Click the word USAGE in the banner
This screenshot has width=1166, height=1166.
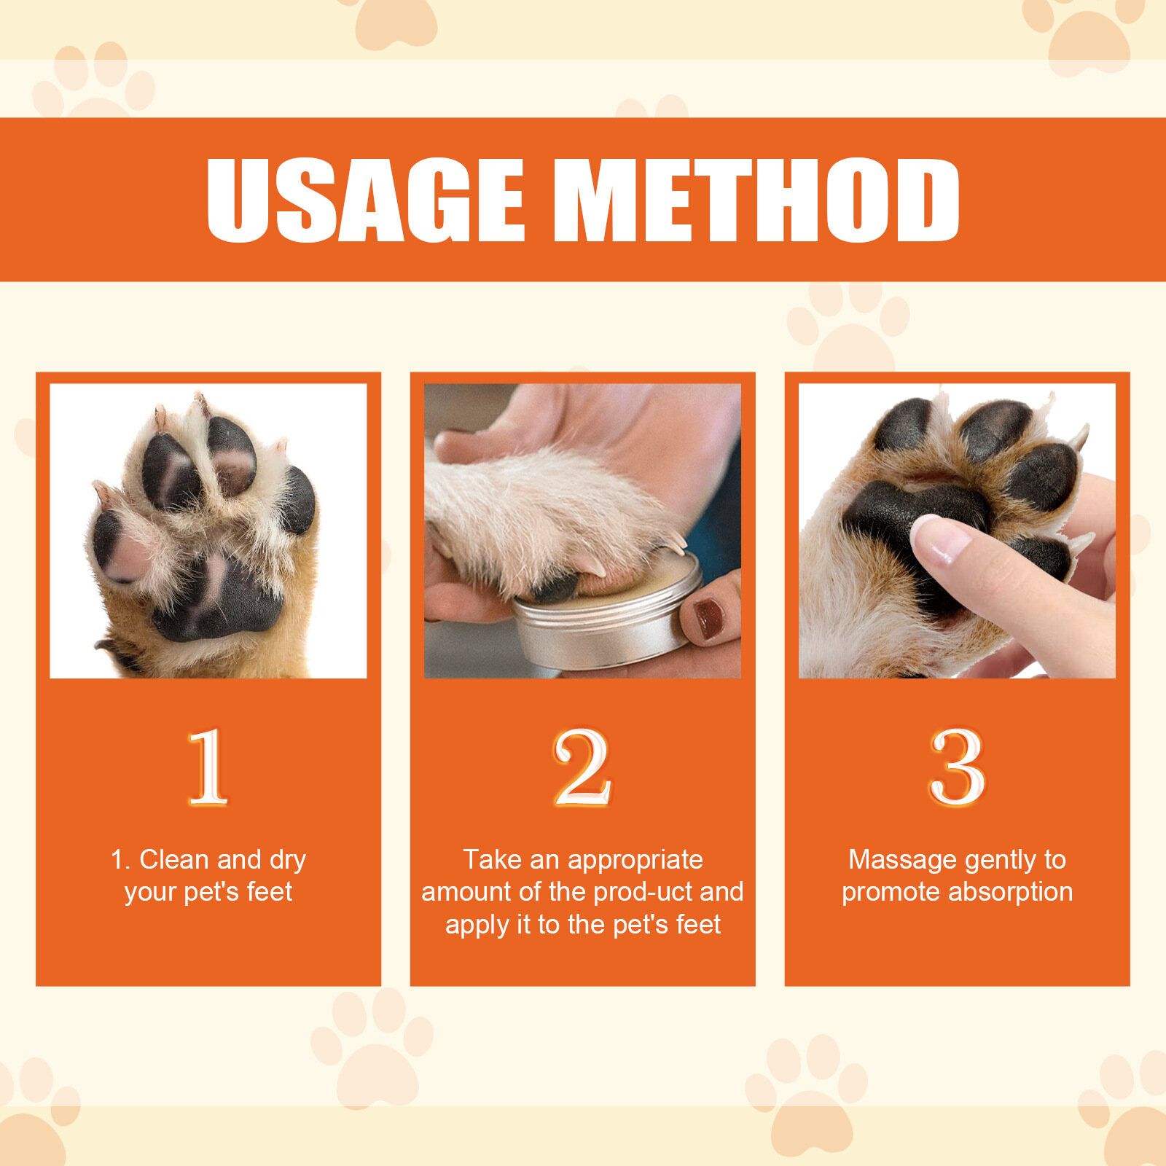click(x=365, y=200)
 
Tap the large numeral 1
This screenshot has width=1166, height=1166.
click(x=208, y=767)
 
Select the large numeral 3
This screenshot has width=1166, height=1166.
click(x=957, y=767)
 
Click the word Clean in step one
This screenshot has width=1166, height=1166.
click(x=174, y=859)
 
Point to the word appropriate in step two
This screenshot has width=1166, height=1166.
click(x=635, y=861)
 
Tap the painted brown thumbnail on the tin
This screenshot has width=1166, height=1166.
click(x=708, y=619)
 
